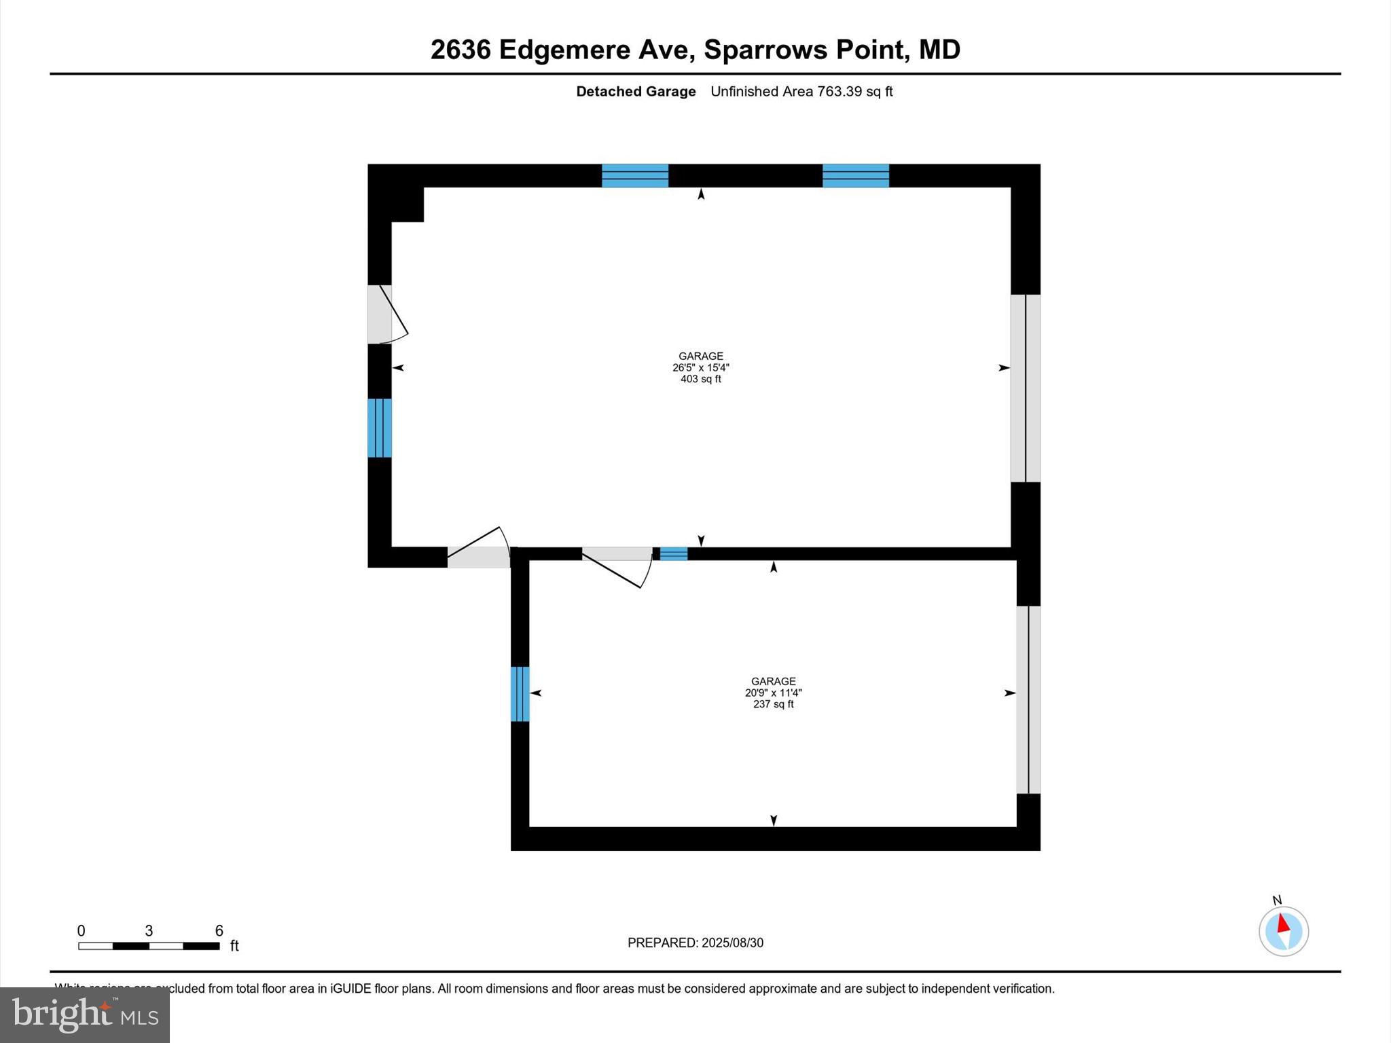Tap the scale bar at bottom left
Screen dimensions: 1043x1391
[149, 946]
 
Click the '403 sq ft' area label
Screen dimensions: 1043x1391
[701, 379]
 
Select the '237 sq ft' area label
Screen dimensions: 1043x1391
[773, 704]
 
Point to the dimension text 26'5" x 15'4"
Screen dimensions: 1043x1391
[701, 367]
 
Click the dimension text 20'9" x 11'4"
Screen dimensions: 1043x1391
[773, 693]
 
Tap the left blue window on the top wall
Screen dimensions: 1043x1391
[635, 175]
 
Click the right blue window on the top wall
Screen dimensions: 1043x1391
[856, 175]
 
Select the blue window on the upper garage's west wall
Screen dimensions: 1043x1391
[380, 428]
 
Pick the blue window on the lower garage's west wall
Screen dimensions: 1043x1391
[520, 694]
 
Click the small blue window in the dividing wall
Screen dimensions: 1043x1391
[674, 553]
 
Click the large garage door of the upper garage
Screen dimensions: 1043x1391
[1025, 388]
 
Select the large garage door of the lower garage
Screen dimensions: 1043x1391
[1028, 699]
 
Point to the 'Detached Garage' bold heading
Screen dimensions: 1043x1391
[636, 92]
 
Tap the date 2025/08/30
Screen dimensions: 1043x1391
[732, 943]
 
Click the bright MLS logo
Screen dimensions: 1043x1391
[85, 1014]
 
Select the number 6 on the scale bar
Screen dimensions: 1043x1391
[219, 930]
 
